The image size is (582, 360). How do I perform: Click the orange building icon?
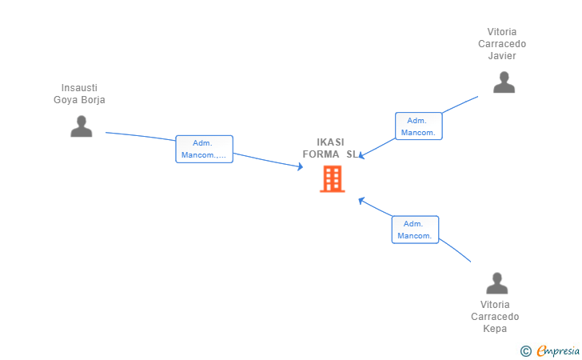point(332,179)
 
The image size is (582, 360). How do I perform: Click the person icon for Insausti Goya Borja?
point(81,126)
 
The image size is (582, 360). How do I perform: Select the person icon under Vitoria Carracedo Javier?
point(504,82)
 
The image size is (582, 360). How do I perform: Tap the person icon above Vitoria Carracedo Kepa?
point(497,283)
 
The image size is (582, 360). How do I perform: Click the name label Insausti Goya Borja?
point(79,94)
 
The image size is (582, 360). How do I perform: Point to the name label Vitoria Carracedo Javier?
point(502,44)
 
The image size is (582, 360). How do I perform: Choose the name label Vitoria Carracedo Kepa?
point(495,317)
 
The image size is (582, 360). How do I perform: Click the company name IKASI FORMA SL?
point(330,148)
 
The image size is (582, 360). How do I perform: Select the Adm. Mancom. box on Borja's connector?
point(204,149)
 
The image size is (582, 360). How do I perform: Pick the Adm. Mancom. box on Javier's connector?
point(418,126)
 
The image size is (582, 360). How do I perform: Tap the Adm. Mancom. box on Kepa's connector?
point(415,230)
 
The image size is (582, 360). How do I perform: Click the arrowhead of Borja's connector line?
point(301,166)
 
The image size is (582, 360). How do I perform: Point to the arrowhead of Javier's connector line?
point(361,155)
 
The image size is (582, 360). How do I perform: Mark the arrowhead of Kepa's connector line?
point(361,199)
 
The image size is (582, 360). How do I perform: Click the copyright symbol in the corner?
point(525,350)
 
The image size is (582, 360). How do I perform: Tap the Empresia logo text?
point(558,350)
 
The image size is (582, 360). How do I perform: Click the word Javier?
point(502,56)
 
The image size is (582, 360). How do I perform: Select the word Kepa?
point(495,329)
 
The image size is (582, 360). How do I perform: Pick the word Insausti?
point(79,88)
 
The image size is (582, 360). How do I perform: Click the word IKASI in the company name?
point(330,142)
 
